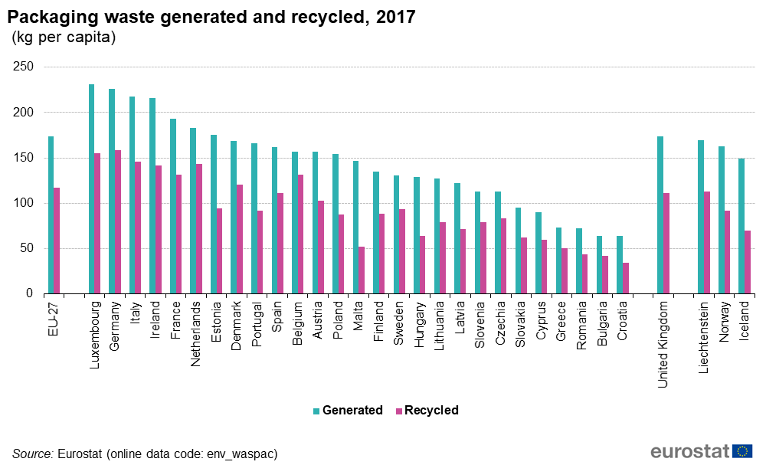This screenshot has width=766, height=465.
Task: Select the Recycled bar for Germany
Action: pyautogui.click(x=118, y=222)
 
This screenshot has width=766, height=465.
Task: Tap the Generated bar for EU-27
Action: pyautogui.click(x=51, y=215)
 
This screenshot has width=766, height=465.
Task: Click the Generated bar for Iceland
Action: pyautogui.click(x=741, y=226)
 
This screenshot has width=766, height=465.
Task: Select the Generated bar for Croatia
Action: pyautogui.click(x=620, y=264)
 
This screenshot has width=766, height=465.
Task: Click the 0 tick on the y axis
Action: pyautogui.click(x=30, y=293)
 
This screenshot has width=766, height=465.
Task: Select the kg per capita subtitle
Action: pyautogui.click(x=63, y=38)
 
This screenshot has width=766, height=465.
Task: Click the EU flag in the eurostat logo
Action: pyautogui.click(x=742, y=450)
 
